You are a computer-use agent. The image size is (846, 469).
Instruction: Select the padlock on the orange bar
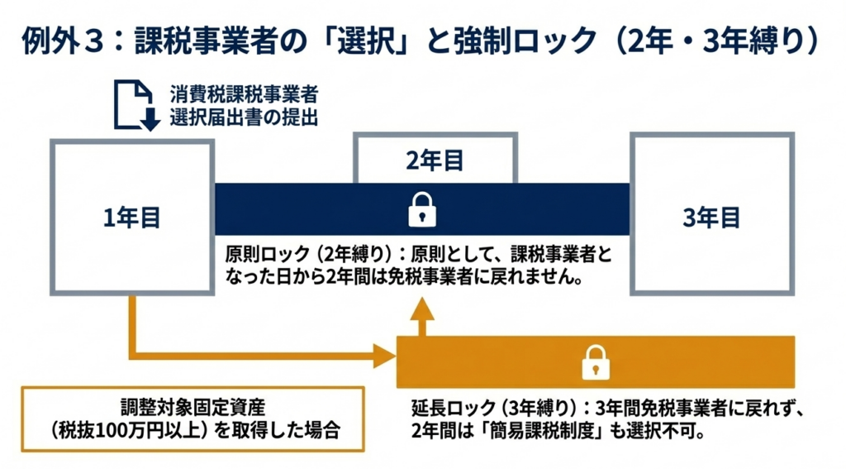click(x=595, y=362)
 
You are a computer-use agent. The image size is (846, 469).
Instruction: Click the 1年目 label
click(x=132, y=218)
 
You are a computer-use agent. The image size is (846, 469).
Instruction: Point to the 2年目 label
click(x=435, y=160)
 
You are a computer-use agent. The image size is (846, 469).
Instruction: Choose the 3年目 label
click(x=712, y=218)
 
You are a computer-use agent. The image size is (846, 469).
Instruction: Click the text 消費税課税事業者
click(x=245, y=91)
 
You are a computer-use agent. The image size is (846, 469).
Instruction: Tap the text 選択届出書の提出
click(x=245, y=117)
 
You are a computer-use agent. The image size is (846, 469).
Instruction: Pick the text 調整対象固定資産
click(x=192, y=408)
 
